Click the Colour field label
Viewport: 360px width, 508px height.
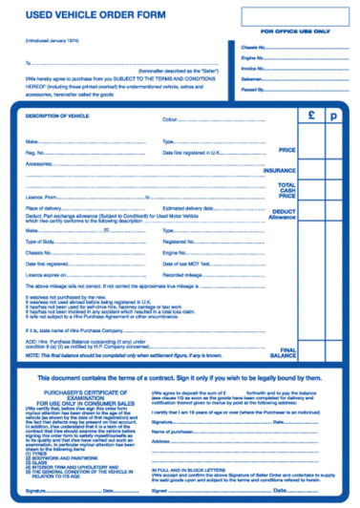tap(172, 120)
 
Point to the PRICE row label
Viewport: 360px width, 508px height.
tap(286, 150)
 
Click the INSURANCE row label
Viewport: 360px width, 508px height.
tap(280, 170)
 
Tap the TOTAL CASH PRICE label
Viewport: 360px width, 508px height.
tap(286, 190)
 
